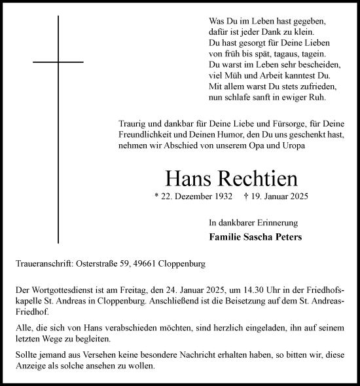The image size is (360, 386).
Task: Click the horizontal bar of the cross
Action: pyautogui.click(x=58, y=62)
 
